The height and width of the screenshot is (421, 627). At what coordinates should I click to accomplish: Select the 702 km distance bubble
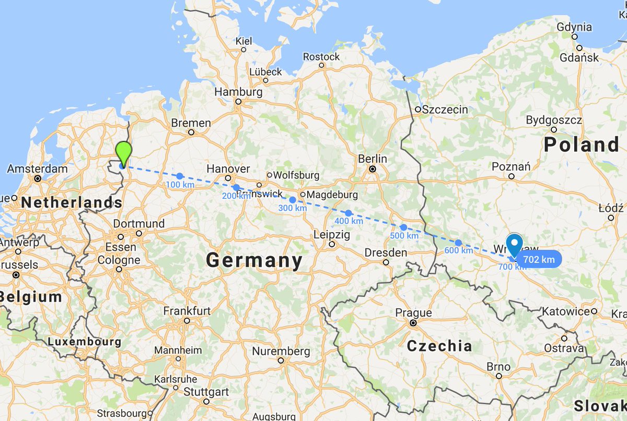(x=539, y=259)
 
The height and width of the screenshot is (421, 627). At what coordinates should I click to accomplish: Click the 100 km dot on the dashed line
(x=180, y=176)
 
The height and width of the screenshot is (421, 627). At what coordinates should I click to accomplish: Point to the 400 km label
(x=349, y=221)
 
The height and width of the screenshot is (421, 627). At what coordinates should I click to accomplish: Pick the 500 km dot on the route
(x=403, y=227)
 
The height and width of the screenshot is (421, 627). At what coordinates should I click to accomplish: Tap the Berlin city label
(x=373, y=159)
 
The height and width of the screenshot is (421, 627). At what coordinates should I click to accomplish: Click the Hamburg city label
(x=238, y=92)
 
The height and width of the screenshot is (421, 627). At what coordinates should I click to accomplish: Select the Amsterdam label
(x=38, y=169)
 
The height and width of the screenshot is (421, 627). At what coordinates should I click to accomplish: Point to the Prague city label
(x=413, y=313)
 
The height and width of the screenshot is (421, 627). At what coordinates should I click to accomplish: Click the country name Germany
(x=254, y=260)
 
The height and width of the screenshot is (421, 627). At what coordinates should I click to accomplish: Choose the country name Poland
(x=582, y=145)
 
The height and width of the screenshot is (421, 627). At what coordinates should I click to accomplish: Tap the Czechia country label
(x=439, y=345)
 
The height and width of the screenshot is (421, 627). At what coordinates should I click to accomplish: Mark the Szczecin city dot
(x=418, y=110)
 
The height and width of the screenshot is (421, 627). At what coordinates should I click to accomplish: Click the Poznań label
(x=511, y=166)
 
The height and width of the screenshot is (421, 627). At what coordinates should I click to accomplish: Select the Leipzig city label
(x=331, y=235)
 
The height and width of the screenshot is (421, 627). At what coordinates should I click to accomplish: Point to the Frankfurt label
(x=187, y=311)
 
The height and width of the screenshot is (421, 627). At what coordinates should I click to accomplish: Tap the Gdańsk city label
(x=579, y=58)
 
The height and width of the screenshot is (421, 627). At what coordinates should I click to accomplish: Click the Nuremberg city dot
(x=281, y=360)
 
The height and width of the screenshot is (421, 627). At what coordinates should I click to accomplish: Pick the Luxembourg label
(x=84, y=342)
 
